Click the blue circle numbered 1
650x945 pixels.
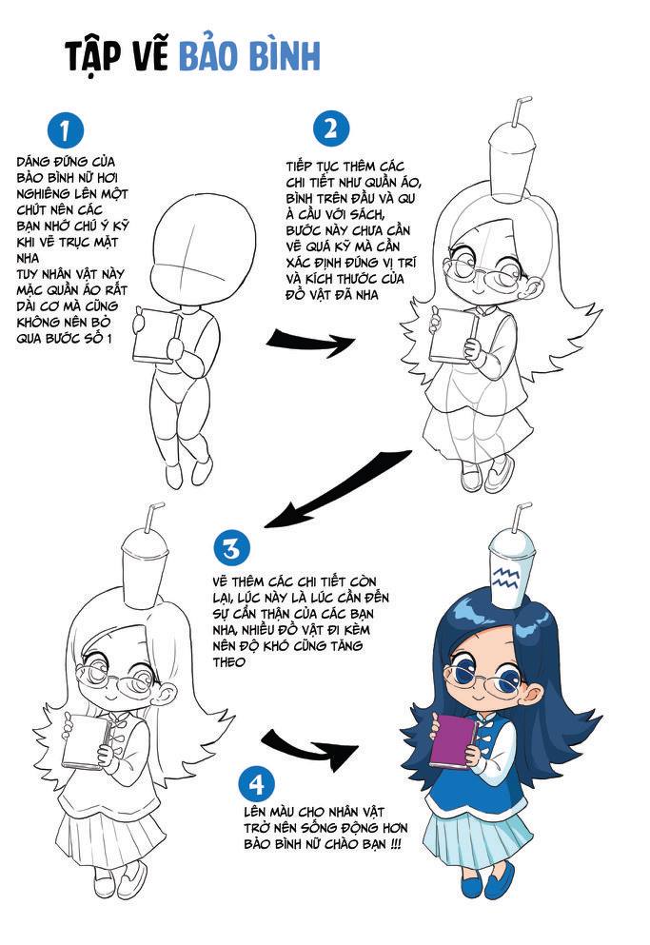tap(65, 129)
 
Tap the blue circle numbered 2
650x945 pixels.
tap(331, 128)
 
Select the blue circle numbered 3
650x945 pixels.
tap(231, 548)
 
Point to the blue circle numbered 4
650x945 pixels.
tap(257, 784)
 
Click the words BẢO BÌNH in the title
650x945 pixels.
tap(249, 56)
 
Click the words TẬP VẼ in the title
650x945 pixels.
tap(116, 56)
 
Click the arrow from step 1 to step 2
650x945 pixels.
tap(310, 343)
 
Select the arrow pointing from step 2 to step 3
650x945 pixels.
tap(338, 489)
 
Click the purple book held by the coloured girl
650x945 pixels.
tap(453, 740)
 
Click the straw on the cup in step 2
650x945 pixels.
tap(520, 111)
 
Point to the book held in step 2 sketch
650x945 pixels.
tap(453, 336)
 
